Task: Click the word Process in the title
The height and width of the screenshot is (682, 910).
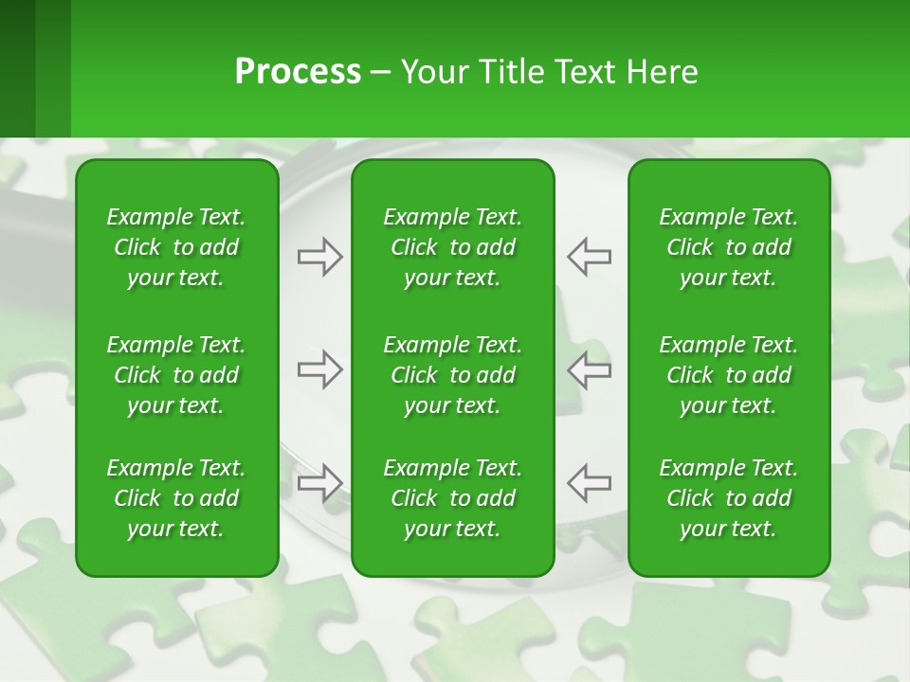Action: (298, 72)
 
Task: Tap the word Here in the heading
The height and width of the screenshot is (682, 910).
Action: (663, 72)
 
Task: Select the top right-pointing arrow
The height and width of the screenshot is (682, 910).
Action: (319, 257)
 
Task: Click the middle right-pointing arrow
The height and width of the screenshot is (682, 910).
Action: (319, 368)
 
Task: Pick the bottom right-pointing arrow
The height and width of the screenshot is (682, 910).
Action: (319, 482)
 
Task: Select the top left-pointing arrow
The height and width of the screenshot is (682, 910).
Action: (589, 257)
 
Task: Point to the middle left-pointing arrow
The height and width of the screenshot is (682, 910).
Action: (589, 368)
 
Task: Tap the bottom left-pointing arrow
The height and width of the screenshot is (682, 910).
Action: (589, 482)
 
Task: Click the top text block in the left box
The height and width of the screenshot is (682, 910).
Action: (176, 247)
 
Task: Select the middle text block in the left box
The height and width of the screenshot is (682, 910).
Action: (176, 375)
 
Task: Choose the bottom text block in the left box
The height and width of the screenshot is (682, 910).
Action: (176, 498)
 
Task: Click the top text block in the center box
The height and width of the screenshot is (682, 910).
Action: (452, 247)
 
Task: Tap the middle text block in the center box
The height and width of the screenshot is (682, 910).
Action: (452, 375)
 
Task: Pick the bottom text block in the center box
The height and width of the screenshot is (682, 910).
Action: (452, 498)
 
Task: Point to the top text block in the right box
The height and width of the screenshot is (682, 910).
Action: (728, 247)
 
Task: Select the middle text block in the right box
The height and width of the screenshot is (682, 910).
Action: (728, 375)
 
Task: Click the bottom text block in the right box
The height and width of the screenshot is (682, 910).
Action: (728, 498)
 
